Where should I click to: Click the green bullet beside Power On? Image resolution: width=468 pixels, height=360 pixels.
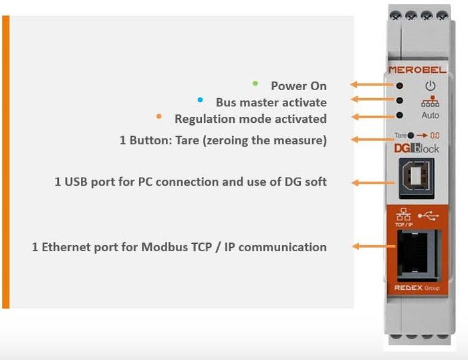coord(255,83)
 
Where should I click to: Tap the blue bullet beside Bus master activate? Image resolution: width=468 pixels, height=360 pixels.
coord(199,100)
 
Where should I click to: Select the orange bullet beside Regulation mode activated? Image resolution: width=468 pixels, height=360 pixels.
coord(158,116)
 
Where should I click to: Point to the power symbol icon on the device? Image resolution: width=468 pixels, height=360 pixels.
coord(430,85)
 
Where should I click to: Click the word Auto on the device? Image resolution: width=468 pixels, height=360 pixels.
coord(431,116)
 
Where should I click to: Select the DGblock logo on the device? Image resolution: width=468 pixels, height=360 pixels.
coord(415,148)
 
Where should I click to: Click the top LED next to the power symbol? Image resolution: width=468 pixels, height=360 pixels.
coord(400,86)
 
